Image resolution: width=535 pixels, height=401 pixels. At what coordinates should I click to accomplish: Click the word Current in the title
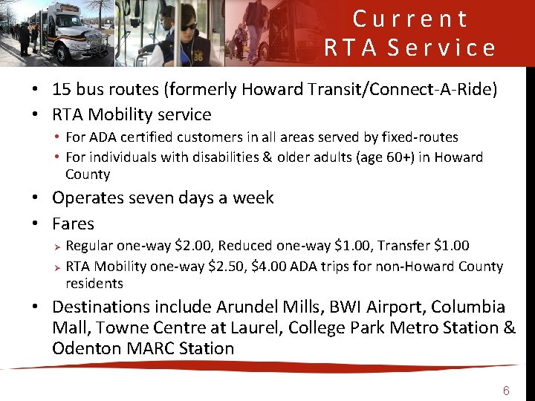click(x=410, y=19)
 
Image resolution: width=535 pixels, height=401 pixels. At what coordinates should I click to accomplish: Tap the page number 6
click(x=506, y=391)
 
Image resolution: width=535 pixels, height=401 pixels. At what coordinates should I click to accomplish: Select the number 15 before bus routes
click(x=61, y=90)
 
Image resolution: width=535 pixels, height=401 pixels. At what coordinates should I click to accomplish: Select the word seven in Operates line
click(x=150, y=198)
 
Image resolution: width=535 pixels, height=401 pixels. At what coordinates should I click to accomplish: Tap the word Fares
click(x=73, y=224)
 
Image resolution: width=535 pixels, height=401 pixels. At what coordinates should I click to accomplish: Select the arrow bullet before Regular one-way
click(x=56, y=246)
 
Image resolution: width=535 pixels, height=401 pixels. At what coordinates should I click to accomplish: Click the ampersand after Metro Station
click(x=508, y=327)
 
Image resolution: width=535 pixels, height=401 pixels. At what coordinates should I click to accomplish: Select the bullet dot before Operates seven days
click(x=36, y=198)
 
